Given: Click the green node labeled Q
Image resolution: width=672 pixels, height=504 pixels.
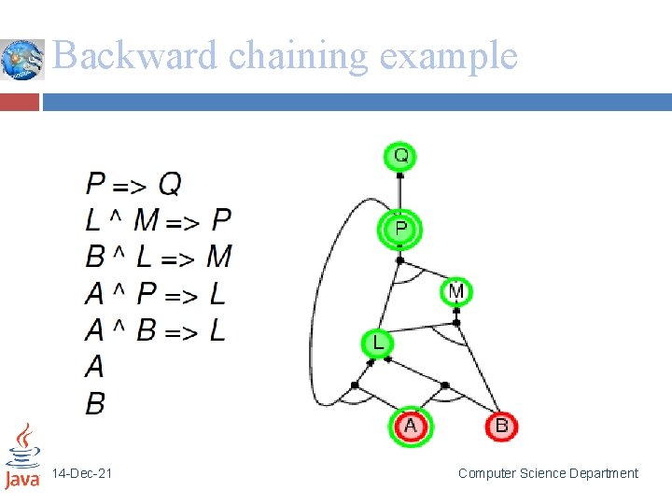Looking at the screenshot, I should [400, 155].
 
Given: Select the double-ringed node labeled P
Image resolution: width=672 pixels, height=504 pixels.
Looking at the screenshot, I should [400, 229].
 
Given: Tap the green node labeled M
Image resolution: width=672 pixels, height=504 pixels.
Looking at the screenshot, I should [455, 292].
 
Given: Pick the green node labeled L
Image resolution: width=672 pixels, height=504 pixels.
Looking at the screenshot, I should [378, 343].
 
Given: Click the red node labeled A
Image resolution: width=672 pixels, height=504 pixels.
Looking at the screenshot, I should [410, 427].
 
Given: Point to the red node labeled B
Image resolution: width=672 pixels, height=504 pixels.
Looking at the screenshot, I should [501, 427].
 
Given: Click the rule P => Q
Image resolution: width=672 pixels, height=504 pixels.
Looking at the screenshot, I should [133, 183].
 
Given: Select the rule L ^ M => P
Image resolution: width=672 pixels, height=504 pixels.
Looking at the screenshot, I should [158, 220].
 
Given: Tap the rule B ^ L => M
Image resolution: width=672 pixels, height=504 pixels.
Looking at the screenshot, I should [158, 257].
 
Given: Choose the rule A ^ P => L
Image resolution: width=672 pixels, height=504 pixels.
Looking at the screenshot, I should [155, 294].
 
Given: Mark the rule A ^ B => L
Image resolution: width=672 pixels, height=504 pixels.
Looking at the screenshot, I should [155, 330].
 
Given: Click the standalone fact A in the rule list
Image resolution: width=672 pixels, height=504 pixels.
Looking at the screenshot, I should [94, 367].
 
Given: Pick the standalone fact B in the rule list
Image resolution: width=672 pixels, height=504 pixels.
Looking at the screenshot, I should [94, 403].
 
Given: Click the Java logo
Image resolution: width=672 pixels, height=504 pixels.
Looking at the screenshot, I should [22, 457].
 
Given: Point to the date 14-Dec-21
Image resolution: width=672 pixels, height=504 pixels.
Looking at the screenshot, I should [82, 474].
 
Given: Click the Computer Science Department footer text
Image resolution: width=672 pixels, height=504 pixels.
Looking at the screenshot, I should [548, 474].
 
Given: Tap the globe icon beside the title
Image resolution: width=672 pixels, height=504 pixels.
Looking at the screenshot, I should [22, 60].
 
